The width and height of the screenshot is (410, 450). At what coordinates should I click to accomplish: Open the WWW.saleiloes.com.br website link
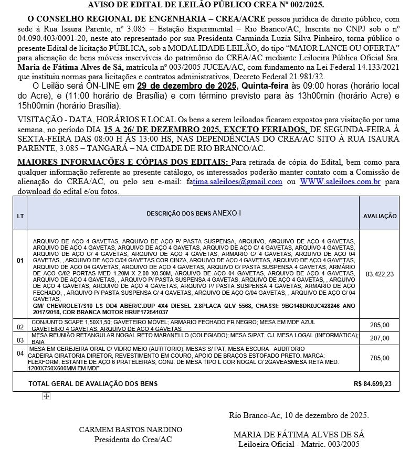[x=340, y=181]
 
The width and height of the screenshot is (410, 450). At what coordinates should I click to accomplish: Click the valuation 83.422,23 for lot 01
[x=380, y=274]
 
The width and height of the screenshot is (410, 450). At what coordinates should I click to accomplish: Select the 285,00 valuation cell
[x=380, y=325]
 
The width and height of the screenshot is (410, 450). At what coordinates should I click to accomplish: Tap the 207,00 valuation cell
[x=380, y=339]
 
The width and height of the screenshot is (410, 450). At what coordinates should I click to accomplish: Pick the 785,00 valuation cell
[x=380, y=358]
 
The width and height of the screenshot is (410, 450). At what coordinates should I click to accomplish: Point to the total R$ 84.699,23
[x=373, y=384]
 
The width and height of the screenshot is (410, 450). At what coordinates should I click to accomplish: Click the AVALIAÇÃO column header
[x=380, y=216]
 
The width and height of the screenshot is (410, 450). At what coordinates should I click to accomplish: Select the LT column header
[x=20, y=216]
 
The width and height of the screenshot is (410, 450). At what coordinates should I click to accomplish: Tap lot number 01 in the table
[x=20, y=261]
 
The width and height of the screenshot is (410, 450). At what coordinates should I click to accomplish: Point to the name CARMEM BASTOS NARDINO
[x=131, y=430]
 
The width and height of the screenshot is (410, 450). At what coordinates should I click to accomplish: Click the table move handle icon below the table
[x=46, y=397]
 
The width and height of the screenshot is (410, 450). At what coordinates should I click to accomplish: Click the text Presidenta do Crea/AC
[x=133, y=439]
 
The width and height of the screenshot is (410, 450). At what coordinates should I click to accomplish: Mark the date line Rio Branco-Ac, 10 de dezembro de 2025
[x=299, y=415]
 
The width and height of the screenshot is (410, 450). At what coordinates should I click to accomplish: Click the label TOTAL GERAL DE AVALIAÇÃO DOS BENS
[x=93, y=384]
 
